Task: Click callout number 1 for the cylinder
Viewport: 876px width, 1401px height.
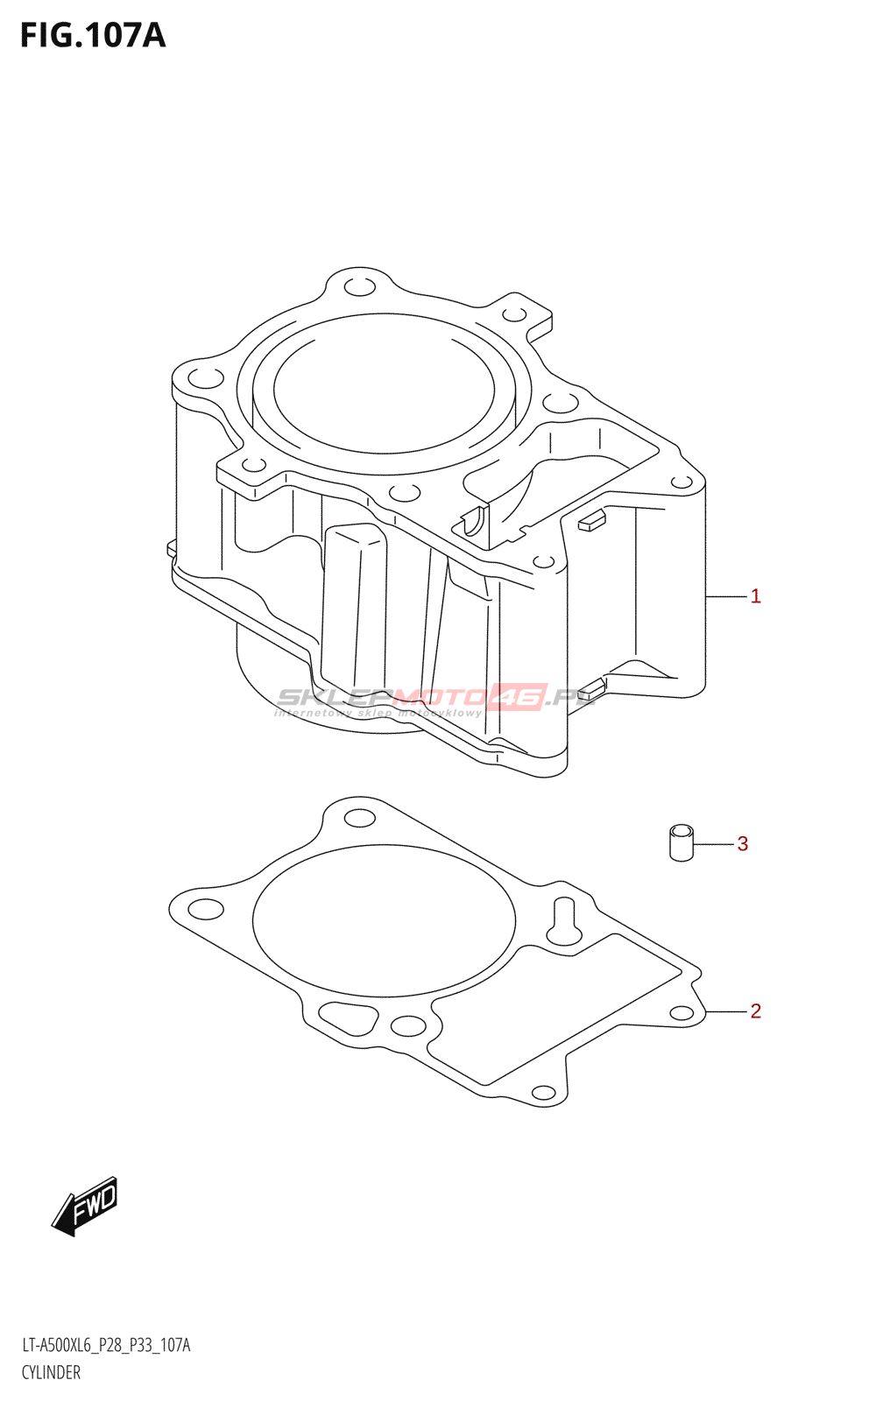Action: pos(755,596)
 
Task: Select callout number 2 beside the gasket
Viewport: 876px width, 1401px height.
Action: pos(755,1011)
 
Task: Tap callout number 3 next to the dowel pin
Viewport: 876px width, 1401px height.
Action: pos(743,844)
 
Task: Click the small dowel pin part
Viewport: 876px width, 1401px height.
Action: pos(682,842)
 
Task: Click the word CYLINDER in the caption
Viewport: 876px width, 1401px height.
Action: pos(51,1372)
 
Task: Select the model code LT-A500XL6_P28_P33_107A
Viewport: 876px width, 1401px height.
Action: pos(106,1345)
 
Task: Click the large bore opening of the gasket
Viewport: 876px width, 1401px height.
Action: pos(384,920)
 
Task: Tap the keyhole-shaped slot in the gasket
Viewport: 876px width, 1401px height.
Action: pos(564,923)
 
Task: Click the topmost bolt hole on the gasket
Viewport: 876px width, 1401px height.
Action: pos(359,819)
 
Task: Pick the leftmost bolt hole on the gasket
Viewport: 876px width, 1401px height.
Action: pos(206,909)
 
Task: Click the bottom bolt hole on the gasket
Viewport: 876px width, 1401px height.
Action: pos(544,1093)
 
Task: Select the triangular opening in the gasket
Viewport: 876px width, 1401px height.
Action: pos(349,1017)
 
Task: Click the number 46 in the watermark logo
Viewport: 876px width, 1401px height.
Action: pos(519,697)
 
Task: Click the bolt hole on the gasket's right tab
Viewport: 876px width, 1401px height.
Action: pos(682,1013)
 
